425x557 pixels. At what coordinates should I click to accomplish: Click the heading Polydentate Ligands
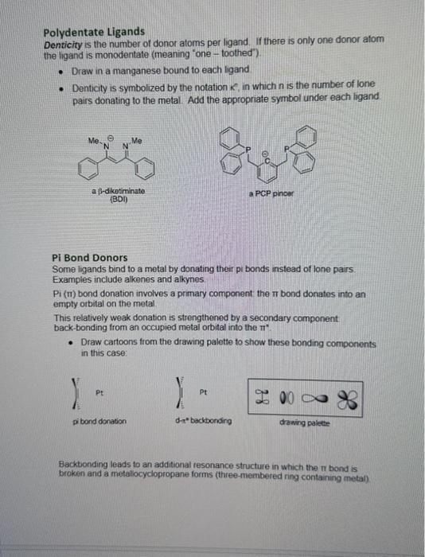click(88, 33)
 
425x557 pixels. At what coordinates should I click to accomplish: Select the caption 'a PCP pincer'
click(271, 193)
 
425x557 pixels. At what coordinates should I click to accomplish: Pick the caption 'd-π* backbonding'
click(205, 420)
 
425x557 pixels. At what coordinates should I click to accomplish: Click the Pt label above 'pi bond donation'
click(100, 391)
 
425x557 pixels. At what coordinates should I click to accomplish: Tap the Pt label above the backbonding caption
click(204, 391)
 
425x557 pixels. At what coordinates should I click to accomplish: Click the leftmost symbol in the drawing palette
click(263, 398)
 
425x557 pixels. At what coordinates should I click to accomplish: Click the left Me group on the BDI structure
click(94, 141)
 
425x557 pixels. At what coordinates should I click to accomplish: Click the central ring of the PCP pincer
click(275, 168)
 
